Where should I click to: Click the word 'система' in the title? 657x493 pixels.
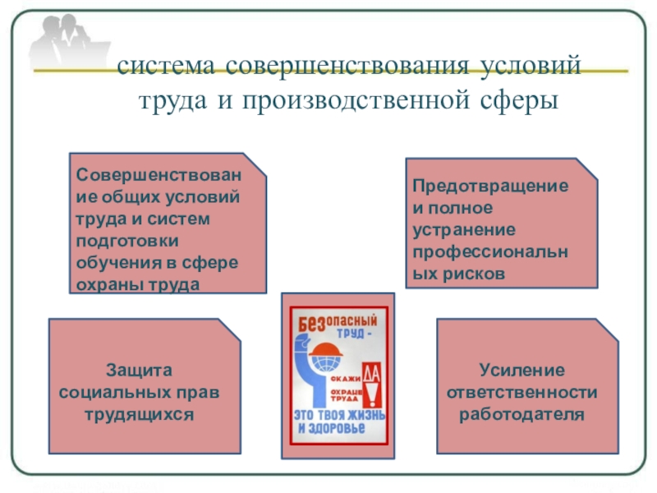[x=165, y=66]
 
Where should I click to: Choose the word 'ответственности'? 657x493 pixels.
[x=522, y=391]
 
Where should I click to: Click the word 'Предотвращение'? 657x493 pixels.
[x=490, y=187]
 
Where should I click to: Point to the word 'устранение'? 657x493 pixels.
[x=464, y=231]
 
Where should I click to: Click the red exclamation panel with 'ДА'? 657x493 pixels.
[x=371, y=387]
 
